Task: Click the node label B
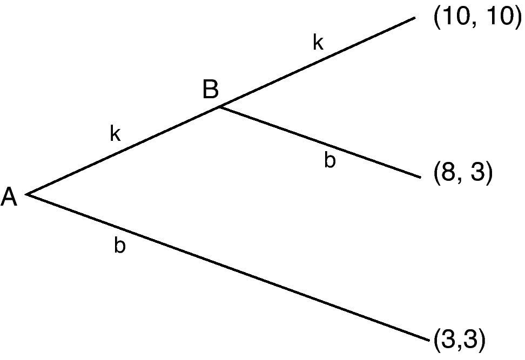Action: [211, 90]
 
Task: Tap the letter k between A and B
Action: [115, 134]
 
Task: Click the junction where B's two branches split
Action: [219, 107]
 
